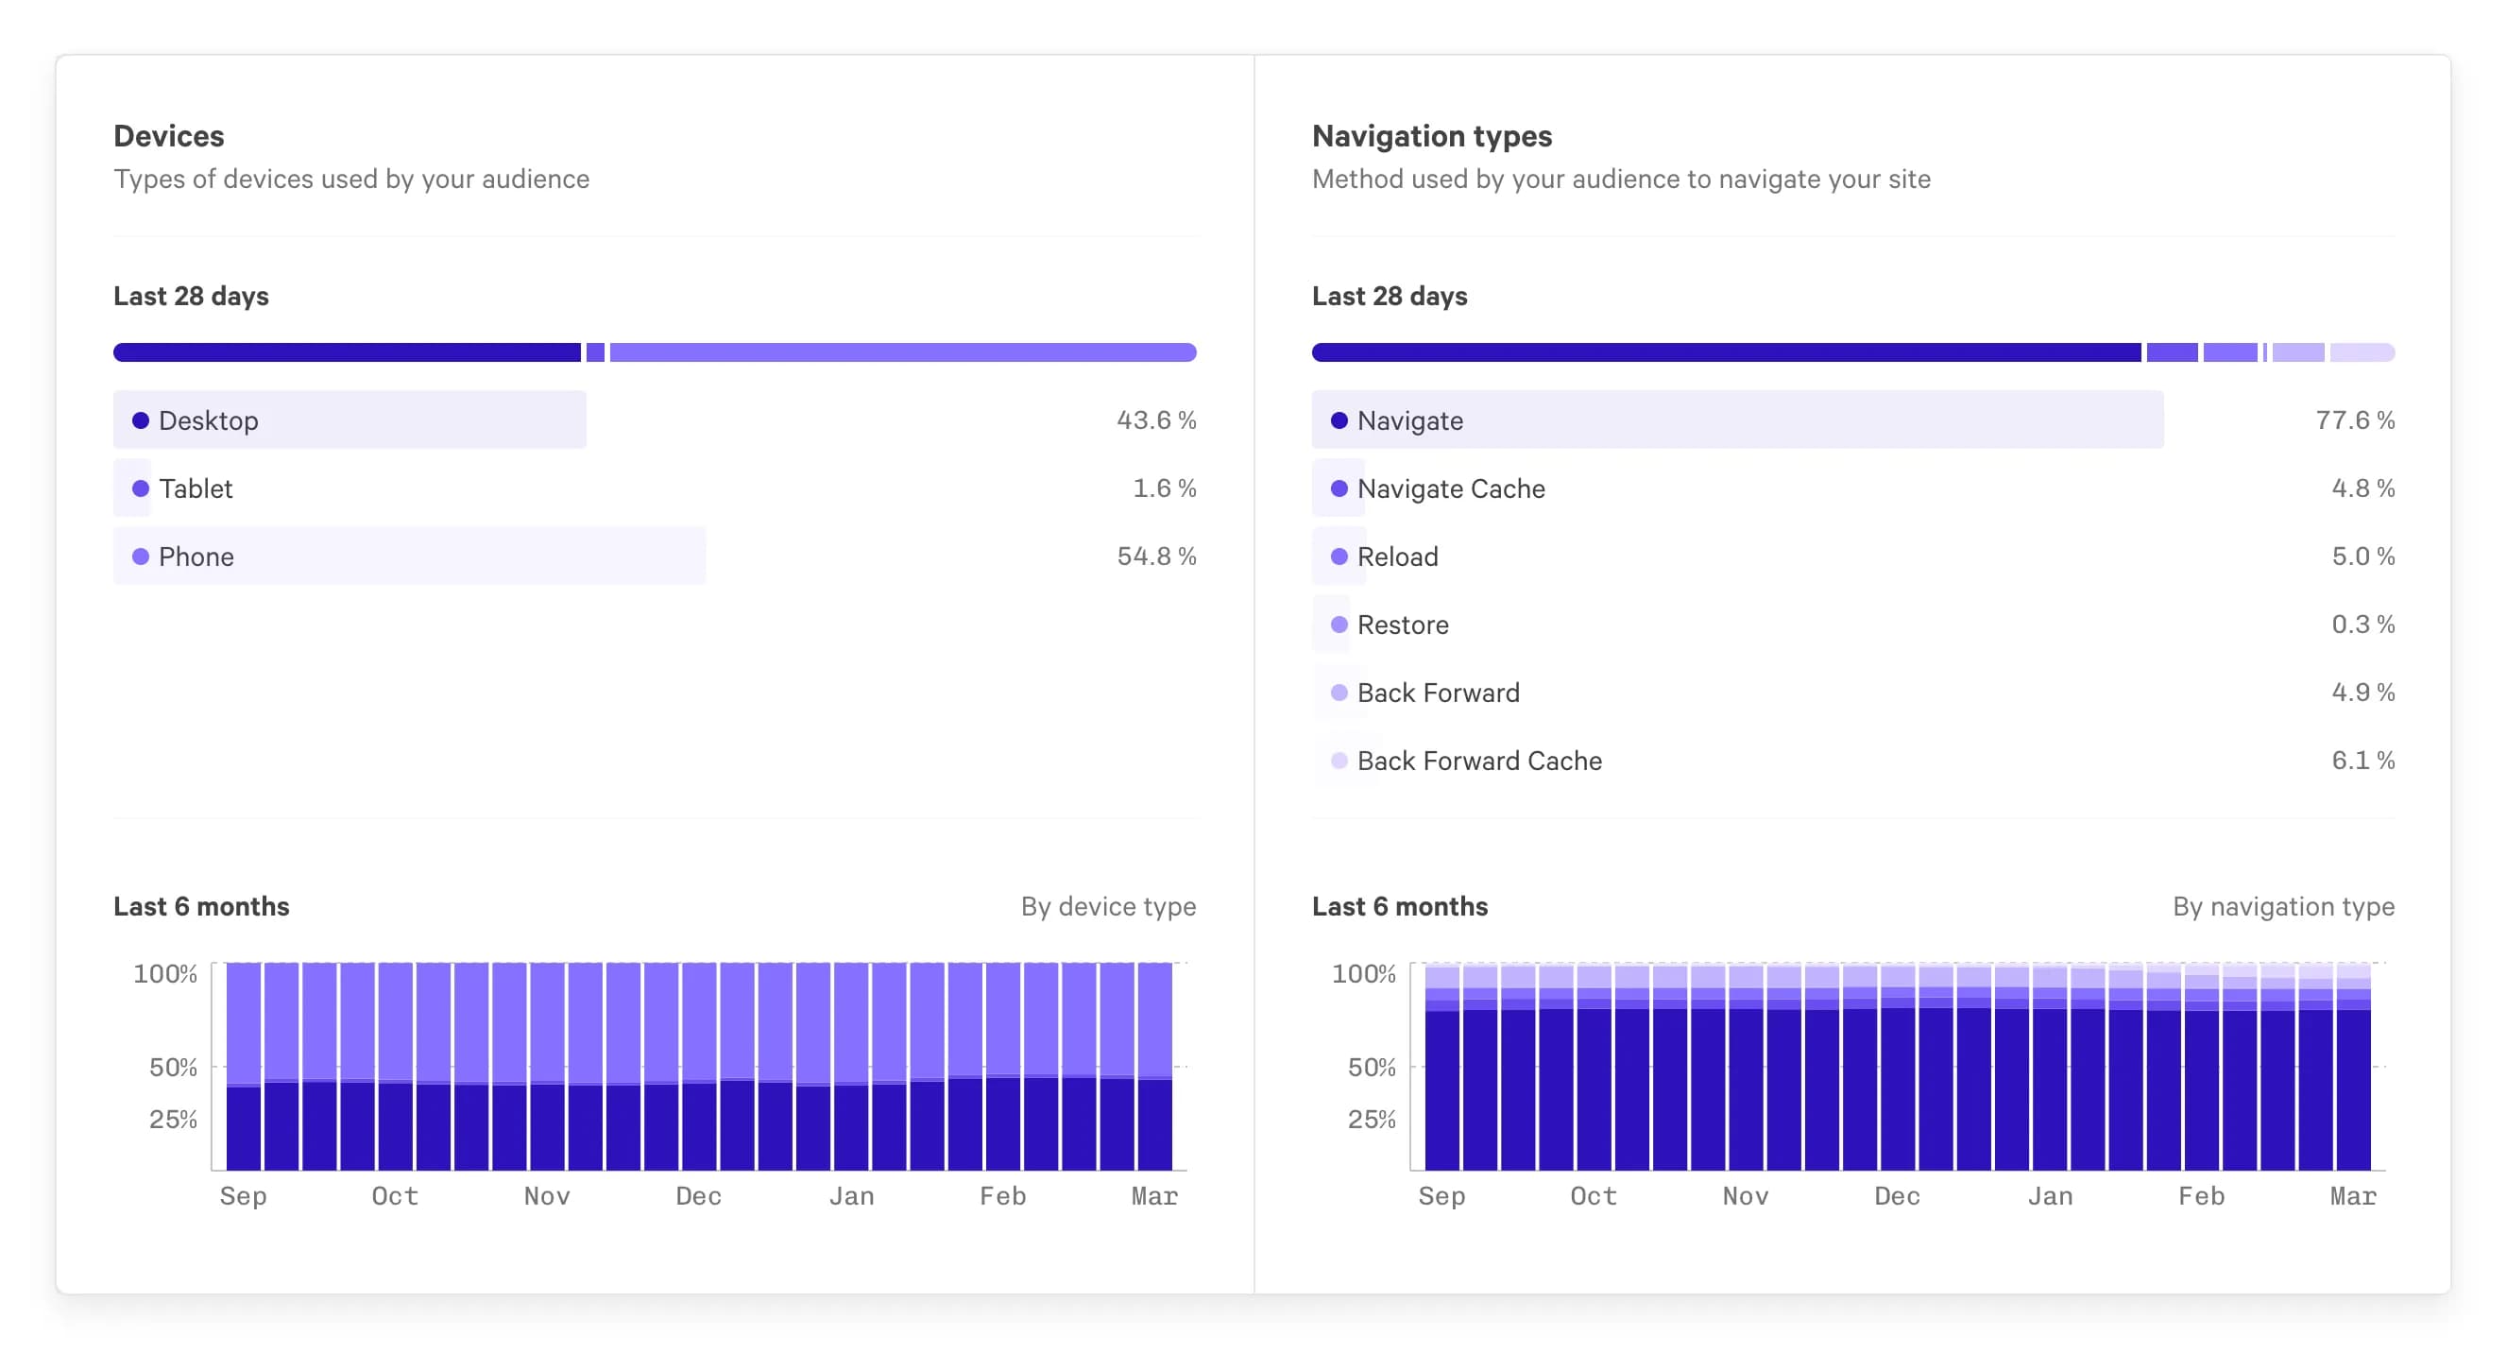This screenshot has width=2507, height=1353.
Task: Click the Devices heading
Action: tap(168, 136)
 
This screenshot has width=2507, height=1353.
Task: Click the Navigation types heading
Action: tap(1431, 136)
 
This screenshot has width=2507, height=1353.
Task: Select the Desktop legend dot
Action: tap(140, 420)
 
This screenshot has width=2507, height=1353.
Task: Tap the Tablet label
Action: tap(196, 488)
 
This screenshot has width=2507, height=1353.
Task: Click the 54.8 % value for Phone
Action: tap(1155, 557)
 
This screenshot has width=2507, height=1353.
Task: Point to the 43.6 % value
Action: tap(1155, 420)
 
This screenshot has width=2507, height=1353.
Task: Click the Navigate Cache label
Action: tap(1450, 488)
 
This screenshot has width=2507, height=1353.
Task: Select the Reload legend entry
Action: tap(1396, 557)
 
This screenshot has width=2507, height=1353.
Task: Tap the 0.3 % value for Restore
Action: tap(2362, 625)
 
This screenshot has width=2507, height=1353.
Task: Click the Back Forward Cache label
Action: tap(1478, 762)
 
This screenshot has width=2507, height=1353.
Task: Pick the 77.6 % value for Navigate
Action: tap(2354, 420)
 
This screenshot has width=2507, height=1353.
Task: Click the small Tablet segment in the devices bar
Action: tap(596, 352)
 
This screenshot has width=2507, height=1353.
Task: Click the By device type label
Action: tap(1107, 906)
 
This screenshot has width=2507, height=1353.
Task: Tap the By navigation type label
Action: tap(2282, 906)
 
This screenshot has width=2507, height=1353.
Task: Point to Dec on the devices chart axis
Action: tap(699, 1196)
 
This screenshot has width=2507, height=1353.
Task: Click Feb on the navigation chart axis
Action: tap(2200, 1196)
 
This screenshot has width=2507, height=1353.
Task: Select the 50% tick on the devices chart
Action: tap(173, 1068)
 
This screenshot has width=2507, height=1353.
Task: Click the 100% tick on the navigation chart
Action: tap(1362, 973)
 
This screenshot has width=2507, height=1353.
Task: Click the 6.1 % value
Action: tap(2362, 762)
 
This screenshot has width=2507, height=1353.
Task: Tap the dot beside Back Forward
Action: tap(1339, 694)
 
